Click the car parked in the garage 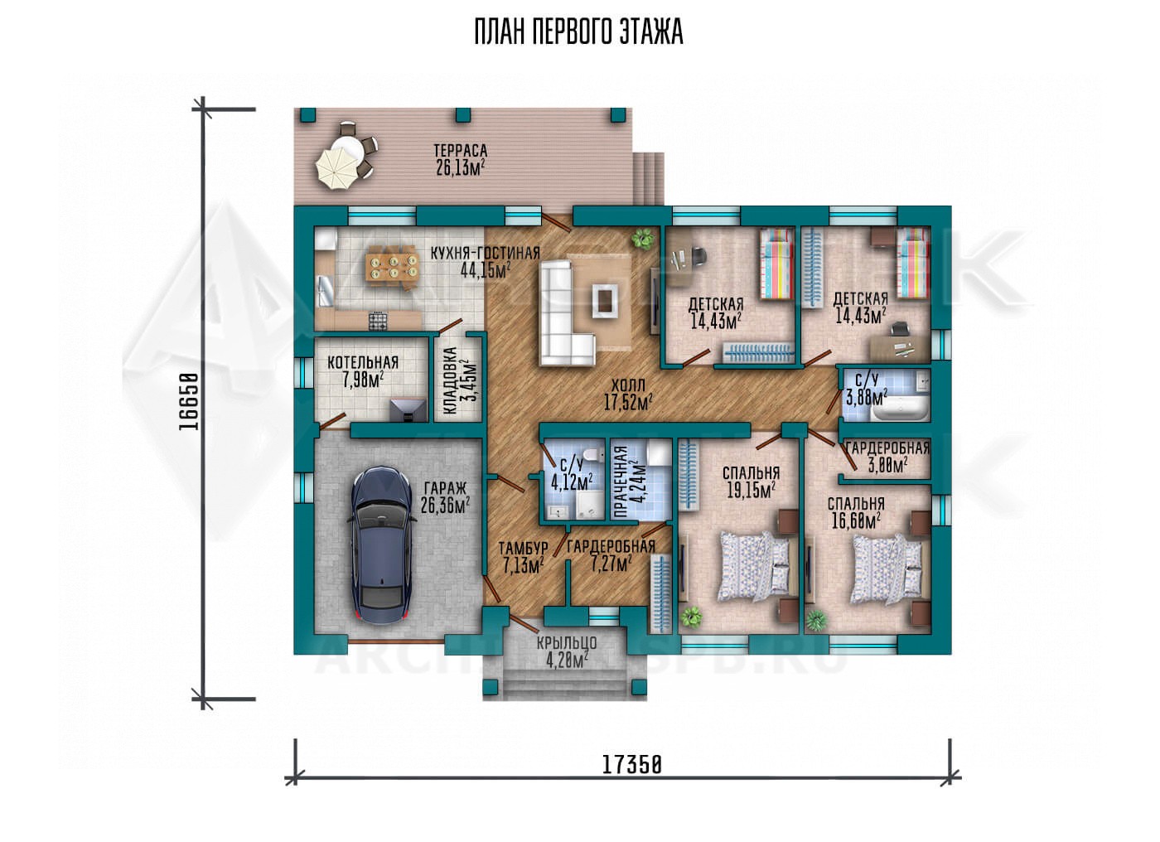point(383,545)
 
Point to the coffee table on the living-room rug point(605,299)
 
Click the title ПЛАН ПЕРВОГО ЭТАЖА point(579,32)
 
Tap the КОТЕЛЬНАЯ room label point(363,362)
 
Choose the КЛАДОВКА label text point(451,380)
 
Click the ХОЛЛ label point(628,385)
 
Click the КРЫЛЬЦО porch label point(567,643)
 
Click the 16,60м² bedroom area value point(856,520)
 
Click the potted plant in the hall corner point(643,239)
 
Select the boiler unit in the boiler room point(408,409)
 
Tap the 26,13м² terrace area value point(461,168)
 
